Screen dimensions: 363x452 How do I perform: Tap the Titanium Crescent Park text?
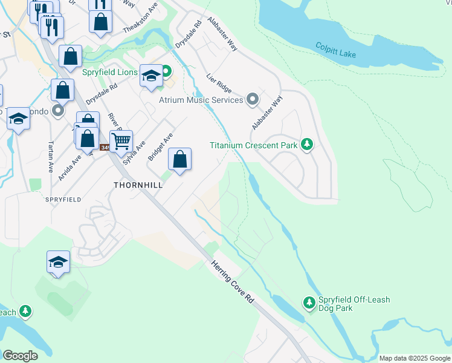click(x=253, y=145)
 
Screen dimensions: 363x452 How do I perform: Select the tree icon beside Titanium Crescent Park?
click(x=308, y=145)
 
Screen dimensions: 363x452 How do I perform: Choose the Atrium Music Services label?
click(x=201, y=100)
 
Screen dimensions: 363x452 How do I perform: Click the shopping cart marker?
click(x=121, y=142)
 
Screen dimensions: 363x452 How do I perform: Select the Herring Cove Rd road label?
click(x=233, y=281)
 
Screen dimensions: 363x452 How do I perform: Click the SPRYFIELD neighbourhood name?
click(x=63, y=199)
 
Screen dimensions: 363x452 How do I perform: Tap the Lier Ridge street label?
click(x=219, y=84)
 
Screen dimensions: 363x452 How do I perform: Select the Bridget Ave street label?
click(x=161, y=147)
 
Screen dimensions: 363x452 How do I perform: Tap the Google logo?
click(x=21, y=356)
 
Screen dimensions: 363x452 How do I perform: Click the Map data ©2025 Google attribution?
click(x=414, y=358)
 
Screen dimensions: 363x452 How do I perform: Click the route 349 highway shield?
click(x=105, y=148)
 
